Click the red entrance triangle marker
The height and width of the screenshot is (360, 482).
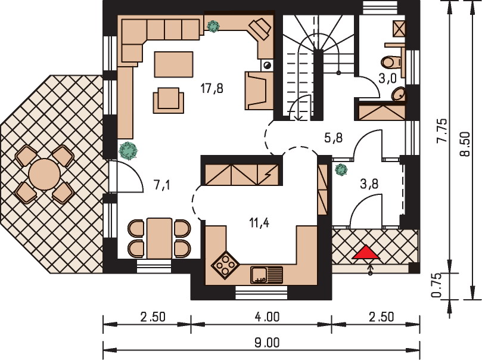(x=366, y=252)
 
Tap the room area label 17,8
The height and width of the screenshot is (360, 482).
(x=212, y=89)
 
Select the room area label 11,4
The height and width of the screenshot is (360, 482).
(x=259, y=222)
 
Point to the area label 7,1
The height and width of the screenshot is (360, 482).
(x=161, y=185)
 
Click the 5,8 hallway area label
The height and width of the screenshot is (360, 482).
(x=334, y=138)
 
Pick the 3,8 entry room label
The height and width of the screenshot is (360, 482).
(x=369, y=184)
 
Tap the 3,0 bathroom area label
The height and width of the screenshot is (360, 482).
(x=387, y=79)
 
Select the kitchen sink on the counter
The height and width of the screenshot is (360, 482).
(x=266, y=275)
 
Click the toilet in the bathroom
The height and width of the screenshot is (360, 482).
(x=391, y=62)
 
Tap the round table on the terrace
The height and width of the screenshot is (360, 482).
(x=45, y=174)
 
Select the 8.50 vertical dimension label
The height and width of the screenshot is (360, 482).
(x=466, y=144)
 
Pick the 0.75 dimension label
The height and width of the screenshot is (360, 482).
(x=436, y=285)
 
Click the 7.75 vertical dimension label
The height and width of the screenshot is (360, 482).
(x=442, y=131)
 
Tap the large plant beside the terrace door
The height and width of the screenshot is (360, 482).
(x=128, y=151)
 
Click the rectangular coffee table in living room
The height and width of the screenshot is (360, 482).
(x=174, y=64)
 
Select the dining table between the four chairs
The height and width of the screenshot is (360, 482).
(x=159, y=238)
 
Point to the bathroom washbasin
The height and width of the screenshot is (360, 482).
(x=399, y=94)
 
